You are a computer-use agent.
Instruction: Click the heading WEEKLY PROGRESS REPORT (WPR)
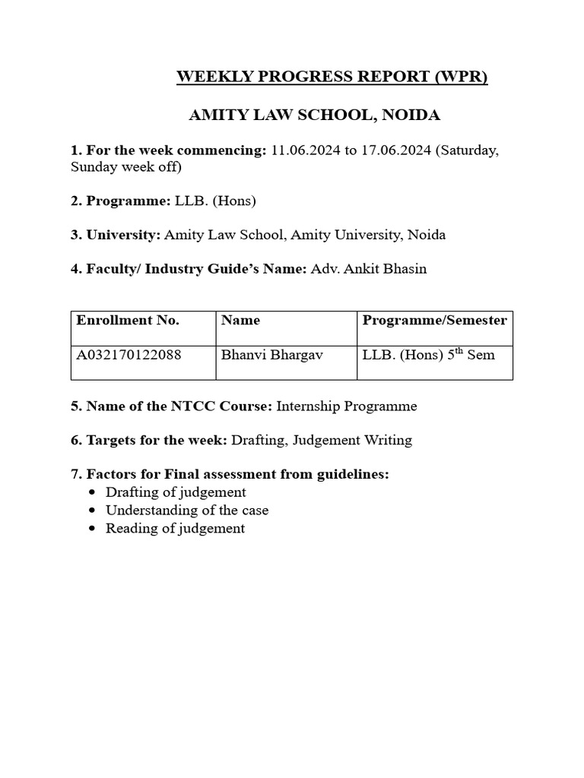pyautogui.click(x=332, y=77)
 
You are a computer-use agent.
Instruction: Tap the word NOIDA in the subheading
pyautogui.click(x=411, y=115)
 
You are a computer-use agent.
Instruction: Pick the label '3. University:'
pyautogui.click(x=116, y=235)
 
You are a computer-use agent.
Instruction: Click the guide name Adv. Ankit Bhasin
pyautogui.click(x=369, y=269)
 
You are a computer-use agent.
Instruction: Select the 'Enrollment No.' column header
pyautogui.click(x=128, y=321)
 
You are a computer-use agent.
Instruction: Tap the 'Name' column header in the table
pyautogui.click(x=240, y=321)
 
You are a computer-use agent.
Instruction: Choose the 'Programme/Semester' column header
pyautogui.click(x=434, y=321)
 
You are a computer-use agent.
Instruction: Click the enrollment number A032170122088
pyautogui.click(x=129, y=355)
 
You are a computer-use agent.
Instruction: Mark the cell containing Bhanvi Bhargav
pyautogui.click(x=261, y=355)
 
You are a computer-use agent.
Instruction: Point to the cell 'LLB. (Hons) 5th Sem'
pyautogui.click(x=429, y=355)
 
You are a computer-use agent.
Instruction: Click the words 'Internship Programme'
pyautogui.click(x=346, y=406)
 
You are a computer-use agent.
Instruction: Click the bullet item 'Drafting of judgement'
pyautogui.click(x=176, y=492)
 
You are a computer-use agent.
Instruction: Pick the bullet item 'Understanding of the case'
pyautogui.click(x=187, y=511)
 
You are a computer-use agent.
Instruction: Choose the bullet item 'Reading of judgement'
pyautogui.click(x=175, y=529)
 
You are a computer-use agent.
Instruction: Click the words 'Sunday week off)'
pyautogui.click(x=126, y=167)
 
